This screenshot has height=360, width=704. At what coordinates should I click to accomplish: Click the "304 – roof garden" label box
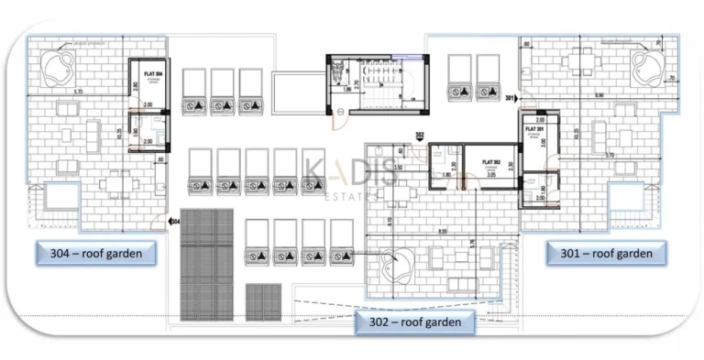click(94, 253)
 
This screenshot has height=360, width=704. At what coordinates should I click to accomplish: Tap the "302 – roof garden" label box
click(415, 321)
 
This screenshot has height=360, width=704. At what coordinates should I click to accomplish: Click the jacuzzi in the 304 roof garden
click(59, 63)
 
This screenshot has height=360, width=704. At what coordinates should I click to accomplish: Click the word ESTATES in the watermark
click(352, 196)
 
